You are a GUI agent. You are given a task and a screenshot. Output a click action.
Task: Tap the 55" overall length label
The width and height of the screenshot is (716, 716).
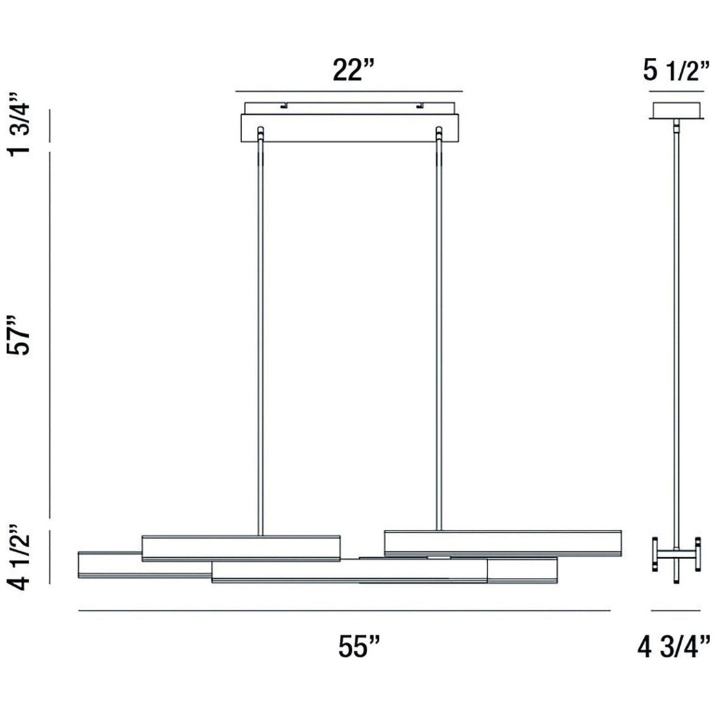(359, 647)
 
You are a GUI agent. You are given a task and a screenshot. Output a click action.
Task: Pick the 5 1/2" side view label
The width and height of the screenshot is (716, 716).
(676, 70)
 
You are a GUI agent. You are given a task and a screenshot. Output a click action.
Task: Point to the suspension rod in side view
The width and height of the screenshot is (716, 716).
(676, 325)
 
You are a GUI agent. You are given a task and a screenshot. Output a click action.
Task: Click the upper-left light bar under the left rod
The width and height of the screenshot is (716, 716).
(241, 548)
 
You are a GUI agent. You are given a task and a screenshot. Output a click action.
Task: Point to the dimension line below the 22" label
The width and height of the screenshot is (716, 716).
(348, 90)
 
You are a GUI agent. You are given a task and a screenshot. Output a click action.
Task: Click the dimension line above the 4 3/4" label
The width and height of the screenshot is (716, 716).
(676, 611)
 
